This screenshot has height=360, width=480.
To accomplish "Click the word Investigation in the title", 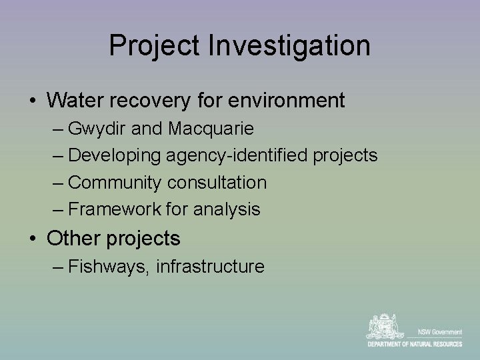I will coord(289,46).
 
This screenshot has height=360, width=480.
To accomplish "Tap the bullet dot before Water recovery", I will coord(32,101).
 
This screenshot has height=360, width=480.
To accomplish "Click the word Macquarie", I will coord(211,128).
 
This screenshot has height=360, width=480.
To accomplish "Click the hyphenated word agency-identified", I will coord(237,155).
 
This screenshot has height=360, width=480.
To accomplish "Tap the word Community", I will coord(115,183).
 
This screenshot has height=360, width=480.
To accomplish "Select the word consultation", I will coord(217,183).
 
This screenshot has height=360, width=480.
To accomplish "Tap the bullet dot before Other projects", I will coord(32,239).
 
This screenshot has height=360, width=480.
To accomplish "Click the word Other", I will coord(72,238).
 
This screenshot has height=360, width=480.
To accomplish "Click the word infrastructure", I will coord(210,267).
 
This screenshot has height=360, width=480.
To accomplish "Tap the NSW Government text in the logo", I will coord(438,332).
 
